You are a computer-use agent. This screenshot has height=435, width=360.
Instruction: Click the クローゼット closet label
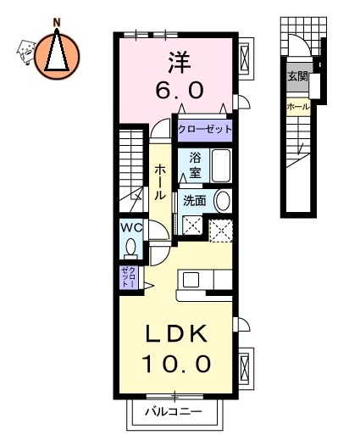pos(203,130)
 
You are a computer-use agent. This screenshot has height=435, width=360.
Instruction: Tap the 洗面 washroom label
pos(195,201)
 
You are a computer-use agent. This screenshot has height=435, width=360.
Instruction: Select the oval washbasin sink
pos(223,201)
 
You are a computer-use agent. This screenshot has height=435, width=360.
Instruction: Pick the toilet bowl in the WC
pos(131,247)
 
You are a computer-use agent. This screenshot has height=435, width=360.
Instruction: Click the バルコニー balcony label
pos(172,413)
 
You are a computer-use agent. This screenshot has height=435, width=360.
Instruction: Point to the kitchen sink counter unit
pos(203,281)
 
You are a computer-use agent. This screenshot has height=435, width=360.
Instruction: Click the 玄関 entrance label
pos(297,76)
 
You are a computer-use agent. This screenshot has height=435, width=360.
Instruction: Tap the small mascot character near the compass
pos(25,53)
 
